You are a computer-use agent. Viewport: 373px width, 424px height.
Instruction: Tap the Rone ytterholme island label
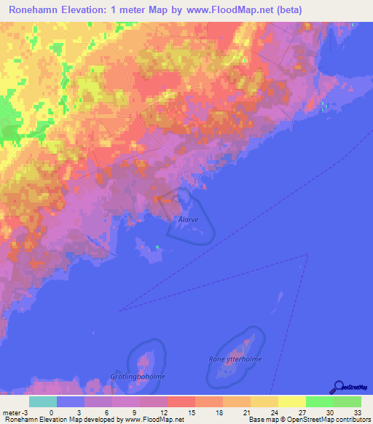coord(235,358)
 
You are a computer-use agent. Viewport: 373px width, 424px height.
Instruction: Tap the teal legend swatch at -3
coord(43,401)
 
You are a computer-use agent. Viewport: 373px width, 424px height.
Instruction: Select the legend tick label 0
coord(51,412)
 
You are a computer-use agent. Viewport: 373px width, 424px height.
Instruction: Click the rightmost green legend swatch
coord(348,401)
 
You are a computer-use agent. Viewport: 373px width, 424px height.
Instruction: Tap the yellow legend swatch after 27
coord(292,401)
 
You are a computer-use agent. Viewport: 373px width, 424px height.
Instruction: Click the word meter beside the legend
coord(12,412)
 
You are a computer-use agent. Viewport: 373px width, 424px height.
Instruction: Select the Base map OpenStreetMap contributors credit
coord(310,420)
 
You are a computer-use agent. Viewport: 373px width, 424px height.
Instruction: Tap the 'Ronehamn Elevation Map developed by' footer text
coord(61,420)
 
